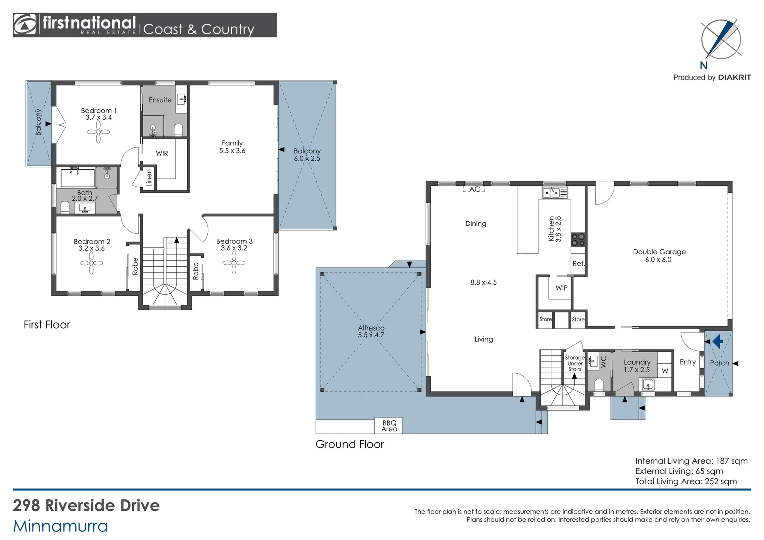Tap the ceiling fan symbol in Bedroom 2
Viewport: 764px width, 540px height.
pos(91,263)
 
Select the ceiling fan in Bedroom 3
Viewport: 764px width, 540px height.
pos(234,263)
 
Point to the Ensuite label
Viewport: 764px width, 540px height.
pos(160,100)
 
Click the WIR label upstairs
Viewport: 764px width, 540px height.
pos(162,153)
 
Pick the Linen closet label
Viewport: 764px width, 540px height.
pos(149,178)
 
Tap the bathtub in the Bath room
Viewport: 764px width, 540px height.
pos(78,177)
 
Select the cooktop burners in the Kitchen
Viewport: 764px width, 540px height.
pos(578,239)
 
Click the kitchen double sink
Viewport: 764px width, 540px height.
pos(555,193)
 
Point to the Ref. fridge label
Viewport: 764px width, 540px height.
pos(578,263)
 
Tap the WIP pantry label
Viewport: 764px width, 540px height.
pos(561,288)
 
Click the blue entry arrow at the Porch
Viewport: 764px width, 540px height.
pos(718,341)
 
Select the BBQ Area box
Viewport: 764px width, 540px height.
pos(389,425)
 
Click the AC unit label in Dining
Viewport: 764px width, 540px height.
pos(475,189)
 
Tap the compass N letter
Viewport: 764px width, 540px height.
pos(704,65)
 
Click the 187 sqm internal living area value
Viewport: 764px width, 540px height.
pos(732,461)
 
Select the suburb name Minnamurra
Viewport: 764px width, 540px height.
pos(60,526)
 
